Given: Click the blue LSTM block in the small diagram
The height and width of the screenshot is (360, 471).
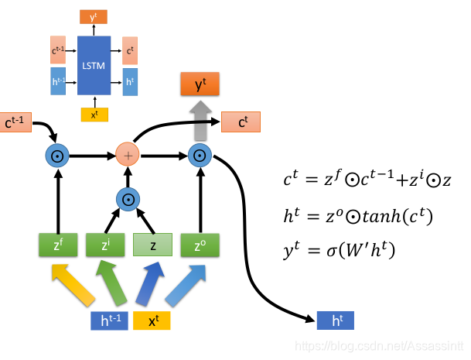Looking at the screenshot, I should coord(94,65).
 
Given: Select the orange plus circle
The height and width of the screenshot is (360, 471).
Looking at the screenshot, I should coord(128,155).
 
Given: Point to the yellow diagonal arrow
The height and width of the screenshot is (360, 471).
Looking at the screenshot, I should coord(74,284).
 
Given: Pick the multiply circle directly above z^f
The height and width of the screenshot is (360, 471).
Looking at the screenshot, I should coord(57,156).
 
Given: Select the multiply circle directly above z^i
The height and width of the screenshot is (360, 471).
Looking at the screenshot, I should coord(128,201).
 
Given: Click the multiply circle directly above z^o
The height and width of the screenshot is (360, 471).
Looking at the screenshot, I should coord(200,156).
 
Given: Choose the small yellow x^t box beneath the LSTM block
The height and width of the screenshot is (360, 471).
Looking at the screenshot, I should coord(94,115).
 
